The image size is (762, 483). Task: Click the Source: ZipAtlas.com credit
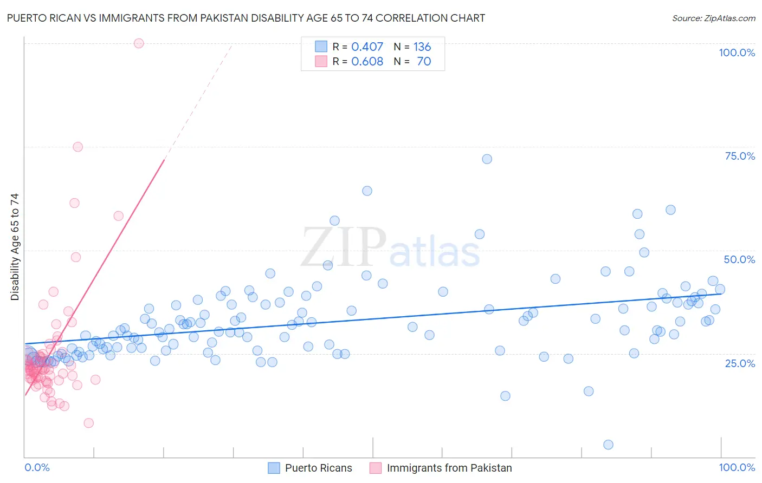(x=713, y=18)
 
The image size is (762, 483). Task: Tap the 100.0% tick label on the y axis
(x=737, y=53)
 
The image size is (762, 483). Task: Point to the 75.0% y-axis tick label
(x=740, y=156)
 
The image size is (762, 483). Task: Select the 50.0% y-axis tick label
(x=739, y=259)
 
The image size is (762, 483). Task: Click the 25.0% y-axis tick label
(x=740, y=363)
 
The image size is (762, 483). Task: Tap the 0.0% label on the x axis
(x=37, y=467)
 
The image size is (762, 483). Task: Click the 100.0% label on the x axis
(x=737, y=467)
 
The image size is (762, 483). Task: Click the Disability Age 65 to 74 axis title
(x=15, y=247)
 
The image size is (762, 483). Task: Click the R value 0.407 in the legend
(x=367, y=47)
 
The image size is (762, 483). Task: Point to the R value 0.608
(x=367, y=62)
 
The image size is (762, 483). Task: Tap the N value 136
(x=422, y=47)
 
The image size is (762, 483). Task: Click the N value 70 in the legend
(x=424, y=62)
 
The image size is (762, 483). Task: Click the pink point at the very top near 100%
(x=139, y=43)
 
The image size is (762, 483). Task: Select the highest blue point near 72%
(x=487, y=159)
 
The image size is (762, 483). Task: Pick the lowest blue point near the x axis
(x=608, y=445)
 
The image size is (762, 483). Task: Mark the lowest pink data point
(x=88, y=423)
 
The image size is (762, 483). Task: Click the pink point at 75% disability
(x=78, y=147)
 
